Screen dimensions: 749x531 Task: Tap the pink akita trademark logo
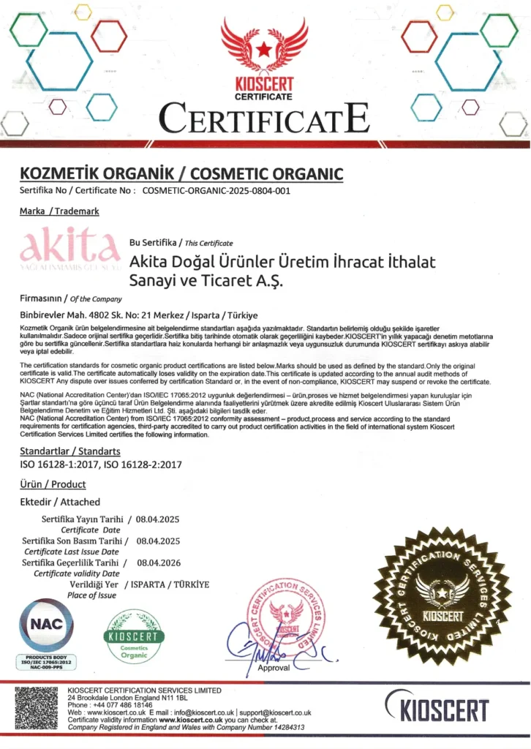(70, 247)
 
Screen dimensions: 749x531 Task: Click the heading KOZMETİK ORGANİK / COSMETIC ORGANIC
(181, 173)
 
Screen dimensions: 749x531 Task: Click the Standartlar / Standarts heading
(69, 451)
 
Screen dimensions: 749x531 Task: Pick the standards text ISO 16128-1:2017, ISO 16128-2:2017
(101, 464)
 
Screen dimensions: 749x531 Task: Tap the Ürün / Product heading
(53, 484)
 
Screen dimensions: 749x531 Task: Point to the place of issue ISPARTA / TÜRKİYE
(170, 584)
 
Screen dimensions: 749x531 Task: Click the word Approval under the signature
(274, 667)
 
